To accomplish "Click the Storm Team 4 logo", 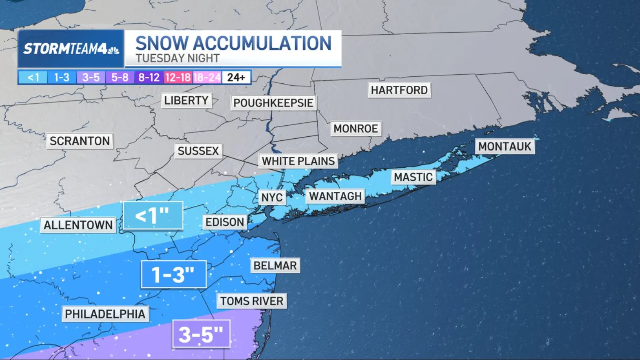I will pos(71,49).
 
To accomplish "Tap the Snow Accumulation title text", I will pos(233,43).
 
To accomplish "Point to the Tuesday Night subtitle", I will pos(178,58).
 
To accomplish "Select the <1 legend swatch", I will pos(33,77).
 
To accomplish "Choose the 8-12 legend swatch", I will pos(149,77).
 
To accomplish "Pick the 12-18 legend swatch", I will pos(178,77).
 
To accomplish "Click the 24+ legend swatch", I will pos(236,77).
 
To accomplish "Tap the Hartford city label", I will pos(399,90).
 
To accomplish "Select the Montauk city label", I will pos(504,147).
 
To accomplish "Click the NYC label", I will pos(272,198).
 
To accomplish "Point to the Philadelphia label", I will pos(105,314).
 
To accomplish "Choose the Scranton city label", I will pos(80,141).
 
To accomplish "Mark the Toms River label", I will pos(251,301).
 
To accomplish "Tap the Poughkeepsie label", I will pos(273,103).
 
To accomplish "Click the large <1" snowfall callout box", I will pos(153,215).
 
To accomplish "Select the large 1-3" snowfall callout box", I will pos(173,274).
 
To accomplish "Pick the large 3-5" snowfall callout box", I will pos(201,334).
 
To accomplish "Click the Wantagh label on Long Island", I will pos(335,196).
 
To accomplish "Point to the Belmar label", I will pos(275,266).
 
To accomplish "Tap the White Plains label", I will pos(298,161).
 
